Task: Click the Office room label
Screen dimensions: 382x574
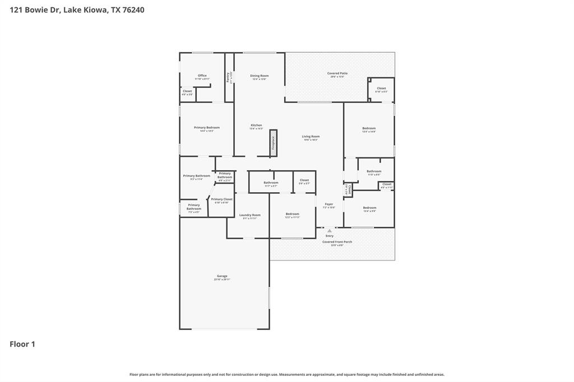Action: [x=202, y=76]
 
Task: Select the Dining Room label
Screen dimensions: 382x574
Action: [x=259, y=76]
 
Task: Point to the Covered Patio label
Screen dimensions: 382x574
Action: [x=337, y=73]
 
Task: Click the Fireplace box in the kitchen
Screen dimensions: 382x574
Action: [x=274, y=142]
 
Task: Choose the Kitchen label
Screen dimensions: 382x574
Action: [x=256, y=125]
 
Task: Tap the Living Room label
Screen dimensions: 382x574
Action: [x=311, y=137]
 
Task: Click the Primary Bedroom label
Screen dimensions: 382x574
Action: [x=206, y=128]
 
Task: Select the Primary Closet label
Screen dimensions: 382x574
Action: [x=221, y=199]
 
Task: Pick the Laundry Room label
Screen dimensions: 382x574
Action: [x=249, y=215]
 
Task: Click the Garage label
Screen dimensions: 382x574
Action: [x=222, y=276]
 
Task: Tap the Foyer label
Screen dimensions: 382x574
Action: [x=328, y=204]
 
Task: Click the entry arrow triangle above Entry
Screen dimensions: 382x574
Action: [x=330, y=230]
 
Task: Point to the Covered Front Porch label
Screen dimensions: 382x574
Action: [x=337, y=242]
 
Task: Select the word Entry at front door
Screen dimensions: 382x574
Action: [x=330, y=236]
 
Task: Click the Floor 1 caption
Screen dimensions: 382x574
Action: [x=22, y=344]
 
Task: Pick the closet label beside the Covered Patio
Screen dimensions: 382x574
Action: [x=381, y=88]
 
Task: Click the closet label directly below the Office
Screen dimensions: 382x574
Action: [x=187, y=91]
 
